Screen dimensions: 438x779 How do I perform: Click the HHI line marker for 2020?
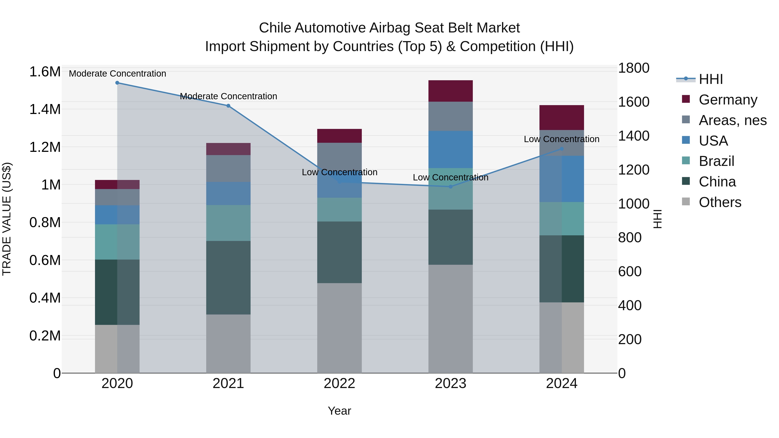click(x=117, y=83)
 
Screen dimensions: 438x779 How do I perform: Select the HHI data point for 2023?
click(x=450, y=186)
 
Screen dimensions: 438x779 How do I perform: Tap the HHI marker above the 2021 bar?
click(x=228, y=106)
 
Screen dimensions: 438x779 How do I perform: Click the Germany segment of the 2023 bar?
click(x=450, y=91)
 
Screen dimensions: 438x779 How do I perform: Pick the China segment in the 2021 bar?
click(x=228, y=278)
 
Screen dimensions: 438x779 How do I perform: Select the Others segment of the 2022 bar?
click(x=339, y=328)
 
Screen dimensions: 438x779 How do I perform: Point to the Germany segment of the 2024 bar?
click(x=562, y=118)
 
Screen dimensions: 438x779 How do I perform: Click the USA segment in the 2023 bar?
click(x=450, y=149)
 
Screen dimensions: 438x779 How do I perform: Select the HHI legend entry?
click(x=711, y=79)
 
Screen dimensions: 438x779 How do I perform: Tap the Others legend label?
click(x=720, y=202)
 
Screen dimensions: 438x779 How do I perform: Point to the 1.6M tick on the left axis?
click(x=45, y=72)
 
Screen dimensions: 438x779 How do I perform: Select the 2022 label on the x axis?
click(x=339, y=383)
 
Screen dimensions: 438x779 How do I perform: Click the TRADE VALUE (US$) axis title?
click(x=7, y=219)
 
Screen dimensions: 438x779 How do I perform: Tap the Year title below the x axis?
click(x=339, y=411)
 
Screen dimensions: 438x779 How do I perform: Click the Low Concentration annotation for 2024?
click(x=561, y=139)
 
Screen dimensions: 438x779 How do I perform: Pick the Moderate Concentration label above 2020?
click(x=117, y=74)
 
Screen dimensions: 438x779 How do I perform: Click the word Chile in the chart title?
click(x=275, y=28)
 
